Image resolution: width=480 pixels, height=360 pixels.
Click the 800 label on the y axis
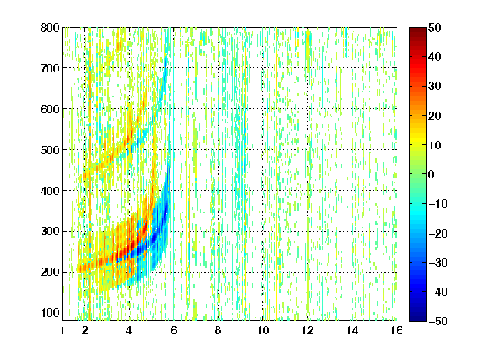tap(50, 27)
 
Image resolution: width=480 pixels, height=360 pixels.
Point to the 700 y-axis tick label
tap(50, 68)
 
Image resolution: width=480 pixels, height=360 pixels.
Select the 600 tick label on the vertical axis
tap(50, 109)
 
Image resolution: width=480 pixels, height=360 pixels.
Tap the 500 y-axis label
tap(50, 150)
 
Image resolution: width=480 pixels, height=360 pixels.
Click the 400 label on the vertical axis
tap(50, 191)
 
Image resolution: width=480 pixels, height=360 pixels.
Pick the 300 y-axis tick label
tap(50, 231)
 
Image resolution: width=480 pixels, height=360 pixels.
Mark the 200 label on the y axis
tap(50, 272)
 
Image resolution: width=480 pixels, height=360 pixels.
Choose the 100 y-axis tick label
tap(50, 312)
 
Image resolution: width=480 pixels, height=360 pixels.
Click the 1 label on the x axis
tap(62, 330)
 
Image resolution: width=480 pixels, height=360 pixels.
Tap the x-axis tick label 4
tap(129, 330)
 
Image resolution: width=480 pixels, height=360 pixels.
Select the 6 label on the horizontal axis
tap(173, 330)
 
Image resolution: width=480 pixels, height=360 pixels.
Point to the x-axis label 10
tap(263, 330)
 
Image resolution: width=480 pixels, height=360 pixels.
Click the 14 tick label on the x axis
tap(352, 330)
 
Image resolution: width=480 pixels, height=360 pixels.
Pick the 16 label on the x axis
tap(397, 330)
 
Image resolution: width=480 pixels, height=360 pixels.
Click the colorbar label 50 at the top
tap(434, 27)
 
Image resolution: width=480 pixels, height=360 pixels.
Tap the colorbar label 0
tap(431, 174)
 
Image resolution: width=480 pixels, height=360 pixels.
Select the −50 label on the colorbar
tap(438, 321)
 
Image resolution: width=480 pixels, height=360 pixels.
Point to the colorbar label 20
tap(434, 116)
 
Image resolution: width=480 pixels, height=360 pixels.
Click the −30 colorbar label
tap(438, 262)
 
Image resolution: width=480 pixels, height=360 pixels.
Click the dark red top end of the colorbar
tap(417, 30)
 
